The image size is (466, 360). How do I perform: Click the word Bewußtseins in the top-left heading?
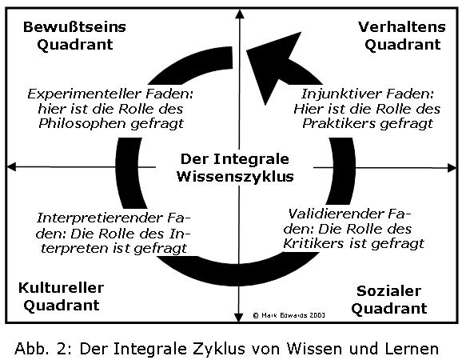(x=74, y=27)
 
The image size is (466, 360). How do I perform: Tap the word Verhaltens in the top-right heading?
(x=402, y=27)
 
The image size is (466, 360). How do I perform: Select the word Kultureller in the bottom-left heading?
(x=61, y=288)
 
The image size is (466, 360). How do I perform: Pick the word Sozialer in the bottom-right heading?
(x=388, y=291)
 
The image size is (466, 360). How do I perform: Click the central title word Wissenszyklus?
(x=235, y=177)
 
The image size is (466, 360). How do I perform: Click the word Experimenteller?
(x=84, y=94)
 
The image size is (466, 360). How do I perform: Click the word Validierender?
(x=336, y=214)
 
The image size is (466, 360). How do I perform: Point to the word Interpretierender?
(x=101, y=218)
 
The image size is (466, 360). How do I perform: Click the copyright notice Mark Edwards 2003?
(x=289, y=315)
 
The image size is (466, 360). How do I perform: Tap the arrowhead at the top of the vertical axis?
(x=240, y=14)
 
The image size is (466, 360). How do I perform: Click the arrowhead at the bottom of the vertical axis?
(x=239, y=318)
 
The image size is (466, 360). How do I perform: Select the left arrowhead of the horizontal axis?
(x=11, y=166)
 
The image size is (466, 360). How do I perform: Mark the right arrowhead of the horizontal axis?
(x=452, y=168)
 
